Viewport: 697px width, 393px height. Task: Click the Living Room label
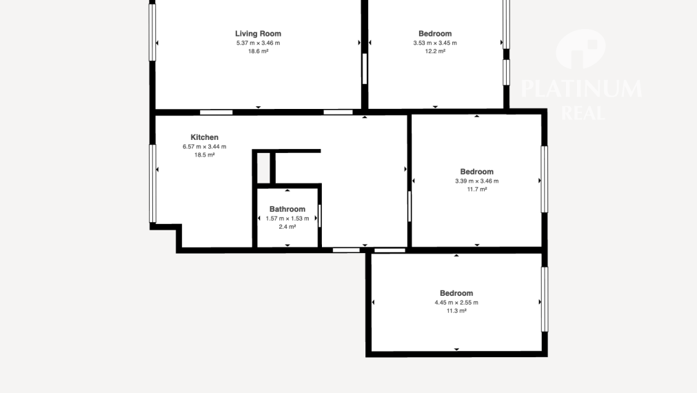pos(258,34)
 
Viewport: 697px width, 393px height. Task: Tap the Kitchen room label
pos(205,137)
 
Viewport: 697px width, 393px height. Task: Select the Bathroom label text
pos(287,209)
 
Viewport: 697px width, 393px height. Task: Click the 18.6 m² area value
pos(258,51)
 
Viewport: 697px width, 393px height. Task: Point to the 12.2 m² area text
pos(435,51)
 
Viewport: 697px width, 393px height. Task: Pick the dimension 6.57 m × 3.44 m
pos(205,147)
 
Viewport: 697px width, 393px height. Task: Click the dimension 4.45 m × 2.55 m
pos(456,303)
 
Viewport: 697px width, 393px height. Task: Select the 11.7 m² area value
pos(476,190)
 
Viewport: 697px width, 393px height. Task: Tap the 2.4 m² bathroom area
pos(287,227)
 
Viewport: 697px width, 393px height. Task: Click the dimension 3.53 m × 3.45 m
pos(435,43)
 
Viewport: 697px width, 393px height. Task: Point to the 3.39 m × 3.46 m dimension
pos(476,181)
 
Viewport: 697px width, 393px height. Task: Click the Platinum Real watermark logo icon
pos(580,49)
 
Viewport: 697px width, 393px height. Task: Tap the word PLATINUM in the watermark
pos(581,89)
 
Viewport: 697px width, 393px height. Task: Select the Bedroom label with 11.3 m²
pos(456,294)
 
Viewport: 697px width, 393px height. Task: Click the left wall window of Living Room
pos(152,32)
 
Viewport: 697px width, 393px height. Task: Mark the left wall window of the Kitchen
pos(152,183)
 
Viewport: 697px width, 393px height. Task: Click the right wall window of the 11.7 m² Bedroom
pos(545,179)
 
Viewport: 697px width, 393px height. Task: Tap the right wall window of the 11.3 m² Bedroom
pos(545,299)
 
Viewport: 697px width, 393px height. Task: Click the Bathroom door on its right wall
pos(320,216)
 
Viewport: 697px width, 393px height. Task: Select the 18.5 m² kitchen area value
pos(205,155)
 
